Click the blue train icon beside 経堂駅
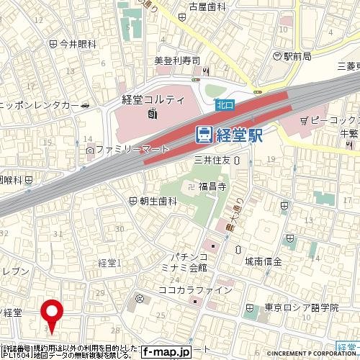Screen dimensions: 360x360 click(x=204, y=134)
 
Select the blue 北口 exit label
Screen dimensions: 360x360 click(x=225, y=105)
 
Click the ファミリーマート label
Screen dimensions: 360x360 click(x=132, y=150)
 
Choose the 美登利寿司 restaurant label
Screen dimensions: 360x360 click(x=176, y=61)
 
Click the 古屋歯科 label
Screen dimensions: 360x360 click(x=208, y=7)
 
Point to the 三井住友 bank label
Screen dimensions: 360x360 click(x=212, y=161)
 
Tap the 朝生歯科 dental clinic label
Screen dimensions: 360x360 click(x=158, y=201)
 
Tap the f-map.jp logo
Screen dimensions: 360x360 click(x=165, y=352)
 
